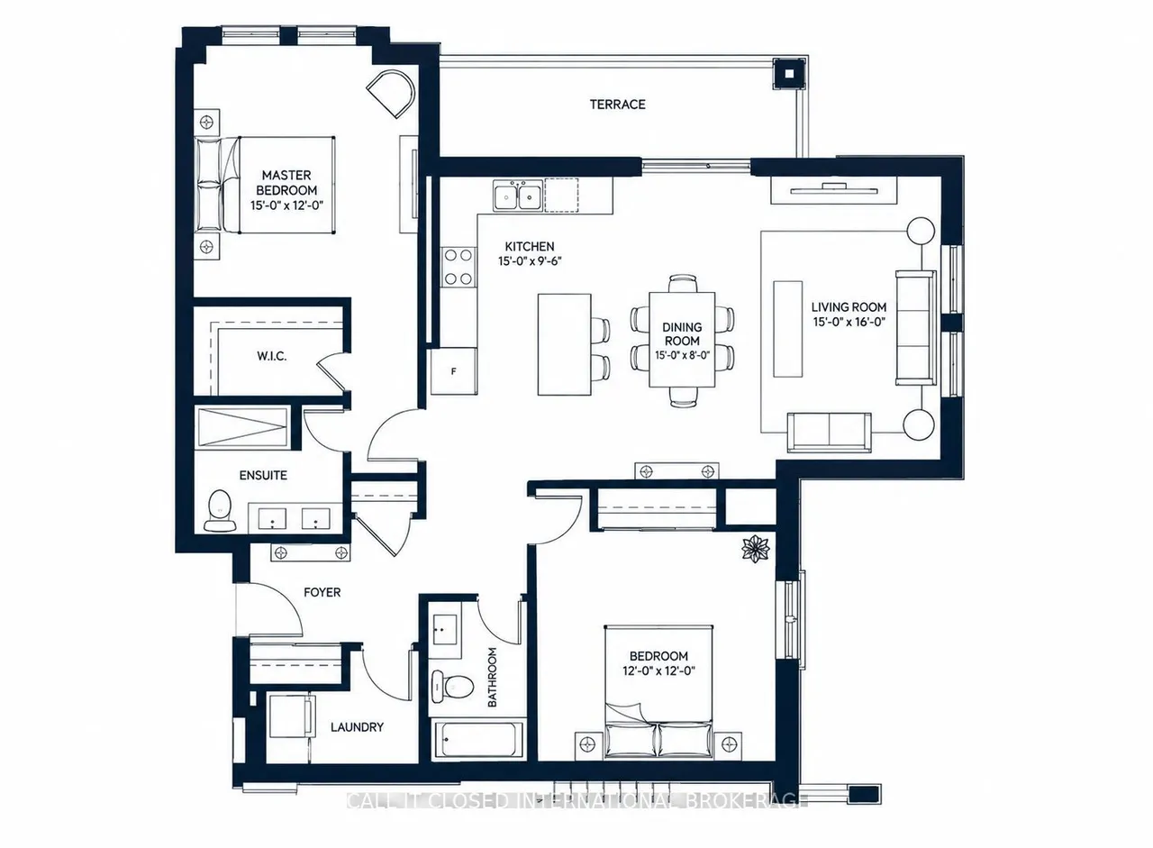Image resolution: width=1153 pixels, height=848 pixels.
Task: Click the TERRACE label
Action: [617, 105]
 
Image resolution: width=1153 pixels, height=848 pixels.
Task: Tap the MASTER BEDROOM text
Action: [286, 183]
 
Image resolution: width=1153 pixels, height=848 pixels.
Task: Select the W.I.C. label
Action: [272, 356]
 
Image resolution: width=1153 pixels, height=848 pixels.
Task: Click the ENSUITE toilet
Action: [221, 510]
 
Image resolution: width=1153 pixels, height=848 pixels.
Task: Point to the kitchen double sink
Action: [517, 196]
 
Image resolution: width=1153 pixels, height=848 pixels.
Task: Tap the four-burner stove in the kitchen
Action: [458, 267]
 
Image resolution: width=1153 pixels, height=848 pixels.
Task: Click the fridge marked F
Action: [454, 371]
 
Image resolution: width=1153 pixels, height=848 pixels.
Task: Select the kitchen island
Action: [564, 344]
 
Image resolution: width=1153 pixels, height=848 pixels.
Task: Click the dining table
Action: [682, 340]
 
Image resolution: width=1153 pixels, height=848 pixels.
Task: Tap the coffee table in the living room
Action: [787, 329]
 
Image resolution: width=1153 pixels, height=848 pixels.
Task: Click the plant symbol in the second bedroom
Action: [755, 548]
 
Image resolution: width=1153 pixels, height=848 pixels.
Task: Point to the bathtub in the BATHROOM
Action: [478, 740]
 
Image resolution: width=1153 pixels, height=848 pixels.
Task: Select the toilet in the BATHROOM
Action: [452, 686]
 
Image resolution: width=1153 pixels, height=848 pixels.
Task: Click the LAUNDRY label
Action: [357, 727]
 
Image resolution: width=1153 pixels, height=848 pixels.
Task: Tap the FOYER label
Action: [322, 592]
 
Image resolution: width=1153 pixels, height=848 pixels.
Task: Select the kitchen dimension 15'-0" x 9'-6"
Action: [530, 261]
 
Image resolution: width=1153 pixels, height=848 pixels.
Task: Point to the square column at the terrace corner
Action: [790, 74]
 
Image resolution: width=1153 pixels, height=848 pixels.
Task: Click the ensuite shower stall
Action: [243, 427]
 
